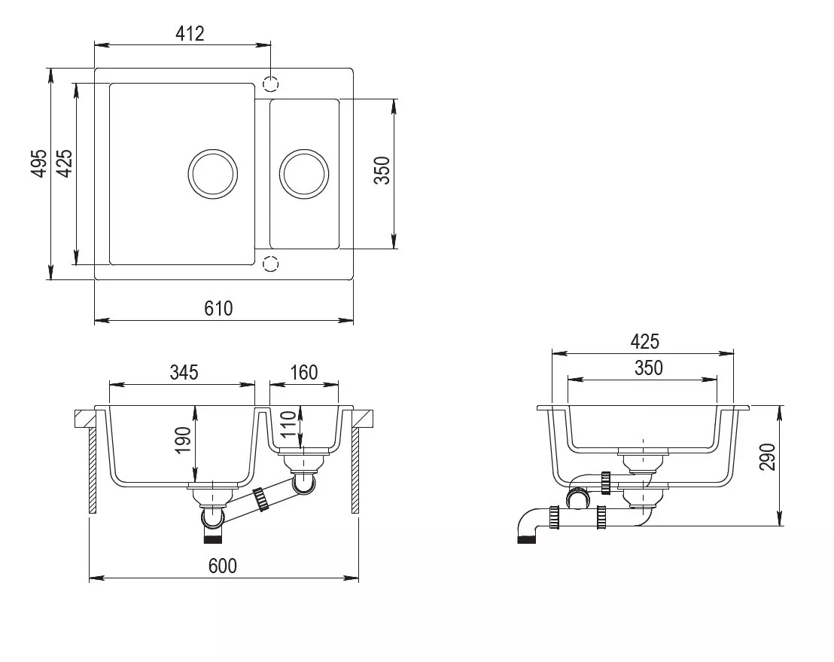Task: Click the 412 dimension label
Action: (x=190, y=34)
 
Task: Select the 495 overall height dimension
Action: (x=39, y=163)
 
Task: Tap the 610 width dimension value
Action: (x=218, y=308)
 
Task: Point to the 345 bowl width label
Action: (x=184, y=372)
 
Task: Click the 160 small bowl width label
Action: (x=303, y=372)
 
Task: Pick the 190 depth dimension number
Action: (x=183, y=440)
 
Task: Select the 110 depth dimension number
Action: (x=288, y=424)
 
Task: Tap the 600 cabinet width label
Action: (x=222, y=566)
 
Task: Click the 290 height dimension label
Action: (x=768, y=456)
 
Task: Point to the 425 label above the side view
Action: (x=644, y=341)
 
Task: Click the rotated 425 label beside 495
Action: (x=64, y=163)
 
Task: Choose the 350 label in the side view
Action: (x=648, y=368)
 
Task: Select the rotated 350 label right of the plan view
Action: (x=382, y=170)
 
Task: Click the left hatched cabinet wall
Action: (x=93, y=471)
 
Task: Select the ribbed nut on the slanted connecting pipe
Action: (x=260, y=499)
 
